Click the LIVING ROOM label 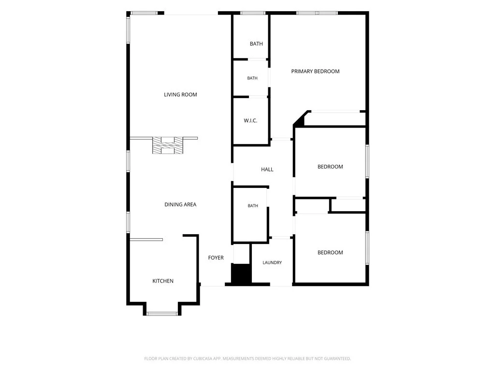click(180, 95)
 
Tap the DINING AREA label click(180, 204)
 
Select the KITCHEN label click(163, 281)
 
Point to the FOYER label click(216, 258)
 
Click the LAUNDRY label click(272, 262)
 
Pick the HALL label click(267, 170)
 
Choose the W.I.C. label click(250, 120)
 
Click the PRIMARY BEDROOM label click(315, 71)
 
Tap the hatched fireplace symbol click(168, 145)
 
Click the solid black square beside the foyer click(241, 273)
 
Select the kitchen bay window click(162, 314)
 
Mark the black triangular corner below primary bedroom click(299, 120)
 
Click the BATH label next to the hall click(253, 206)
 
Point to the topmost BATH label click(256, 44)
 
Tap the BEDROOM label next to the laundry click(330, 252)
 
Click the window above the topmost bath click(253, 13)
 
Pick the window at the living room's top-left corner click(144, 13)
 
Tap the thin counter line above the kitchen click(146, 240)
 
